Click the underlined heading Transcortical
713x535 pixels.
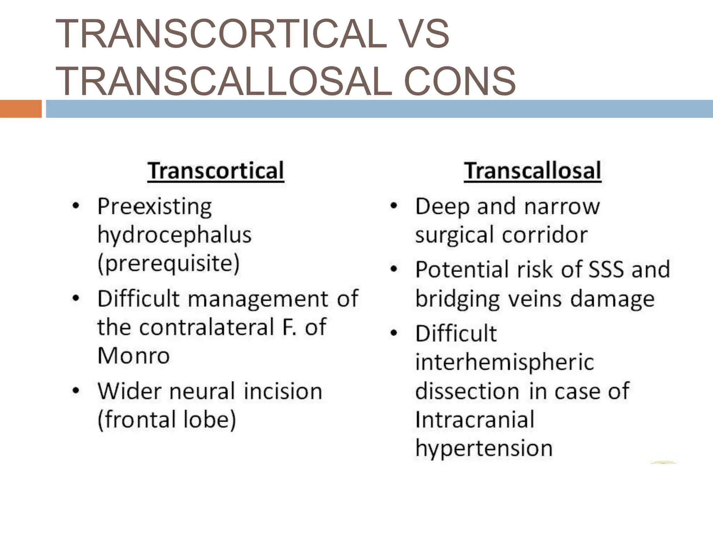[x=216, y=171]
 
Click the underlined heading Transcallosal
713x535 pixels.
[x=532, y=171]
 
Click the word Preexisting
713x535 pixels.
[x=155, y=207]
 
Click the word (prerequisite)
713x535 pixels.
[x=169, y=264]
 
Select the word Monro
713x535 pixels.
[x=134, y=356]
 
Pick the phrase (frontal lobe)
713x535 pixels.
[x=167, y=420]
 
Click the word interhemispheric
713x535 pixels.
[x=504, y=362]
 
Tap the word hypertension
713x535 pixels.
[x=484, y=448]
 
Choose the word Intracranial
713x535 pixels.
[x=475, y=420]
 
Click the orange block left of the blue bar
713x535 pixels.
[x=21, y=109]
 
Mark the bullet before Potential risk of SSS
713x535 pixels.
[x=394, y=269]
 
